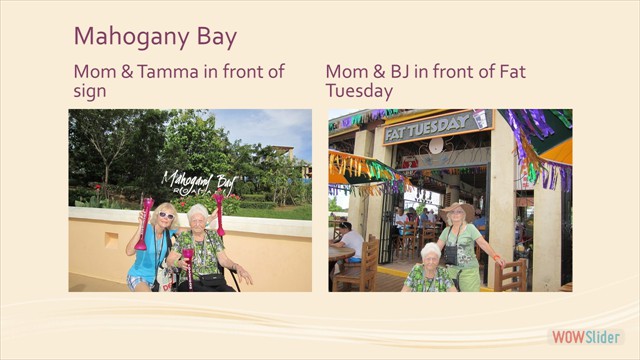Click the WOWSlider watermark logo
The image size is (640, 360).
point(586,337)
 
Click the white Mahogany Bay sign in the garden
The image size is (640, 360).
point(199,182)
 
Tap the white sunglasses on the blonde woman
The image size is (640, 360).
point(165,215)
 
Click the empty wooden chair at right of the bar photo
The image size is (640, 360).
point(512,274)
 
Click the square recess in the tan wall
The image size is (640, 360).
point(109,240)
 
